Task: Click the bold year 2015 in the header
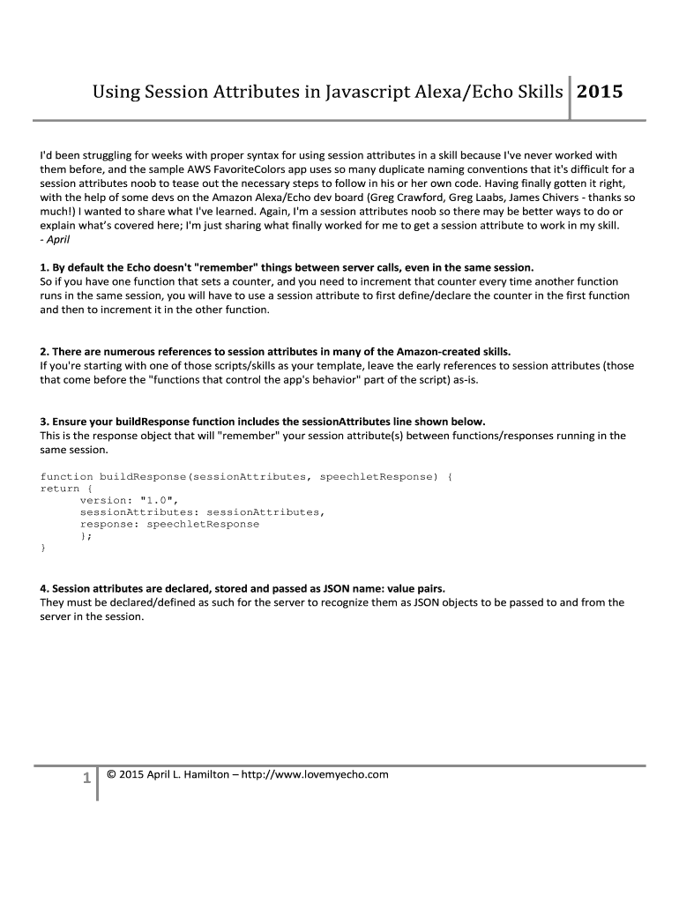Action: click(x=600, y=91)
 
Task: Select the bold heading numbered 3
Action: click(x=263, y=422)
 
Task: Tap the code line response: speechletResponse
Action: click(x=169, y=524)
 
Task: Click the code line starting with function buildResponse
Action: click(x=246, y=476)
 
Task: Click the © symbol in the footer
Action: click(x=111, y=774)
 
